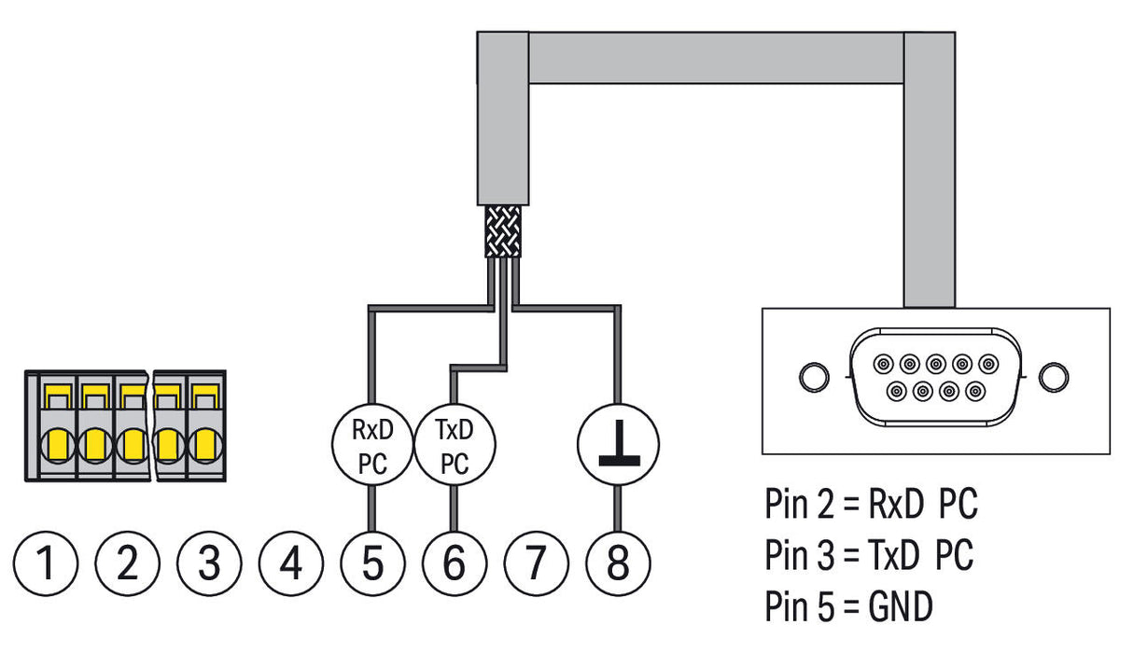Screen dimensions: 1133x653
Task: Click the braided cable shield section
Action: coord(503,231)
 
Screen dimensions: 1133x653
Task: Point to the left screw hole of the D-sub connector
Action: coord(815,377)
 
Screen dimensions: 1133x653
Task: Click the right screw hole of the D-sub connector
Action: coord(1054,377)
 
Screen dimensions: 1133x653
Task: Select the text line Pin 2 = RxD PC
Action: coord(871,504)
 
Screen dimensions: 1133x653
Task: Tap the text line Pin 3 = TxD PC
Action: coord(869,554)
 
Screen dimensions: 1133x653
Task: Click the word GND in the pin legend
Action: coord(901,606)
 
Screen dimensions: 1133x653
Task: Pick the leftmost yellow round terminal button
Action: coord(58,446)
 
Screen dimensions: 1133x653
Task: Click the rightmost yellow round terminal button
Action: coord(206,446)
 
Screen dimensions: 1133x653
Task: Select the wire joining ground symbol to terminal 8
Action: coord(618,509)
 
